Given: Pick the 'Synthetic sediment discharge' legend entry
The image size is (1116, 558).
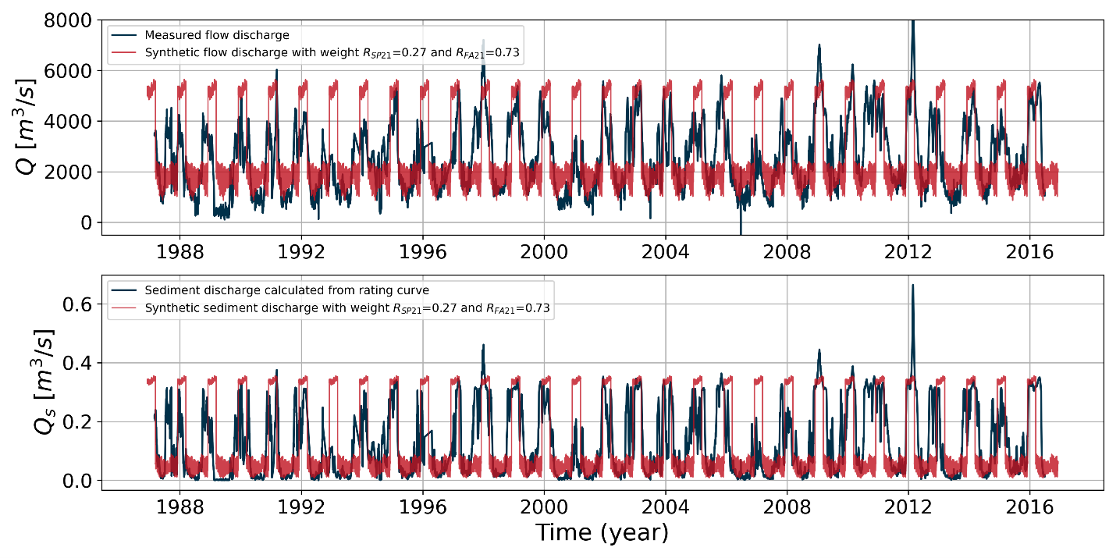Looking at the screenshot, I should tap(347, 308).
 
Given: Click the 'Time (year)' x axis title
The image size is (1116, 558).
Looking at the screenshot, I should tap(602, 533).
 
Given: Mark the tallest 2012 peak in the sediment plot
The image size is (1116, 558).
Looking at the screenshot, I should tap(912, 286).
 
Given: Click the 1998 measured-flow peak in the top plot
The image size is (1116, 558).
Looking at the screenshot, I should tap(483, 41).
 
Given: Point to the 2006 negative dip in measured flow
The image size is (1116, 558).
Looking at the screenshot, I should tap(741, 231).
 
